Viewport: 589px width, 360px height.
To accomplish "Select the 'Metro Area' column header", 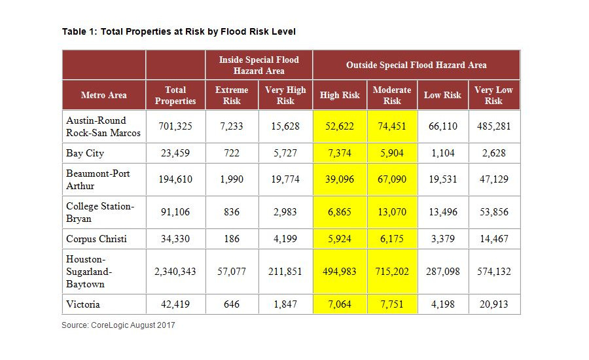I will pos(103,96).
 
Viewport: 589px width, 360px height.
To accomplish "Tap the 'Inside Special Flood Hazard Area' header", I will pos(259,65).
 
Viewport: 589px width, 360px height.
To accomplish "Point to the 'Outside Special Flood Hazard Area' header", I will pos(416,65).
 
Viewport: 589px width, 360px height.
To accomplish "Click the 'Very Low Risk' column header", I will pos(493,96).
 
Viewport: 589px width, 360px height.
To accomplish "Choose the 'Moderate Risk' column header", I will pos(392,96).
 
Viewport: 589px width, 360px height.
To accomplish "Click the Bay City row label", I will pos(85,153).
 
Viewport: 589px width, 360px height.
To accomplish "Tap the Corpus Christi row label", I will pos(96,239).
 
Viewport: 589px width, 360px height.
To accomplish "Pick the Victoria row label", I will pos(83,304).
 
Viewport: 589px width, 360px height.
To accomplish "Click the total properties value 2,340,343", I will pos(175,272).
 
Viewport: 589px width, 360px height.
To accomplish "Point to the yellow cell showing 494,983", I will pos(340,272).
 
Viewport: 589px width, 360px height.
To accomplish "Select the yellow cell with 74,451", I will pos(392,126).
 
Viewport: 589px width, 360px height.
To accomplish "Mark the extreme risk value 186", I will pos(232,239).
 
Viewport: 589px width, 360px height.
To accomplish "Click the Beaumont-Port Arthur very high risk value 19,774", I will pos(285,179).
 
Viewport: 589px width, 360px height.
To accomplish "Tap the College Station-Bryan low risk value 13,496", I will pos(442,212).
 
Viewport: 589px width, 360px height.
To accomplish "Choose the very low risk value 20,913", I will pos(493,304).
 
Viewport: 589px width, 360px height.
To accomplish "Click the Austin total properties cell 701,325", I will pos(175,126).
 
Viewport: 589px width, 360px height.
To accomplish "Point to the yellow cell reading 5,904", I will pos(392,153).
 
